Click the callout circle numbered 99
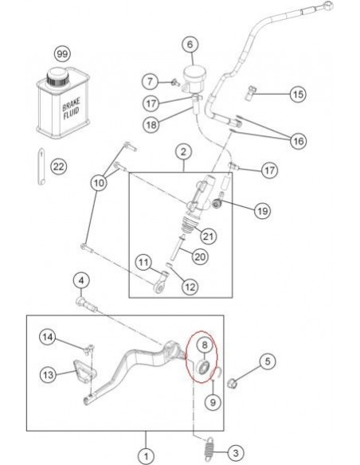point(61,53)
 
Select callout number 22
point(57,166)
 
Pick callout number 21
point(208,236)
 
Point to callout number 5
point(267,361)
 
